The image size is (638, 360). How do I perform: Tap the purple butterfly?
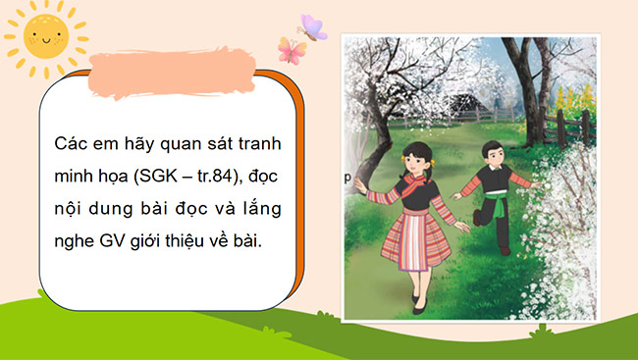coord(314,26)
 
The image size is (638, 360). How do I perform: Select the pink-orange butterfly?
coord(290,50)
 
